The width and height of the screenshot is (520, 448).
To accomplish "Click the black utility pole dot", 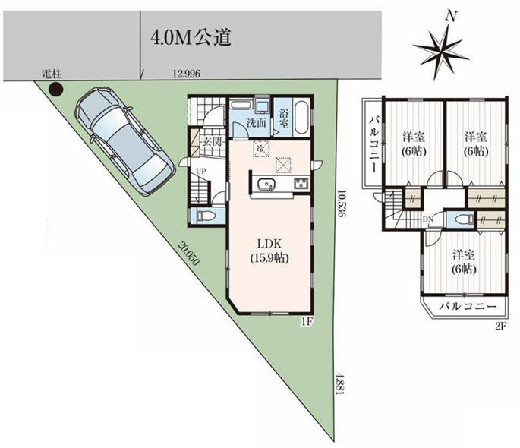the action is (x=55, y=89).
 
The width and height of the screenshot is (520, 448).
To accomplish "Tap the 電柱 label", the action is (x=52, y=74).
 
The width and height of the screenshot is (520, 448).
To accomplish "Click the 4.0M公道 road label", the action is (x=191, y=38).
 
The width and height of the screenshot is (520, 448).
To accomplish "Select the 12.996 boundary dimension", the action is (x=187, y=74).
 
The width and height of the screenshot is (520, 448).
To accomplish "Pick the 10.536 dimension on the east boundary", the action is (x=342, y=203).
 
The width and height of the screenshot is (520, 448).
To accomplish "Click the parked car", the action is (x=125, y=140).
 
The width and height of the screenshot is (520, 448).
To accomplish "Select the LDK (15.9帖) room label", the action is (x=269, y=251).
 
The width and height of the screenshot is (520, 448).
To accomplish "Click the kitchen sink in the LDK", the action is (x=266, y=185).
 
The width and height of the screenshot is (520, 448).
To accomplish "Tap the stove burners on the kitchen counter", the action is (x=301, y=183).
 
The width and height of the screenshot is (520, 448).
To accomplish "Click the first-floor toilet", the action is (x=205, y=216).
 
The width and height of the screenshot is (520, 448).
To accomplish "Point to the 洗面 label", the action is (x=256, y=123).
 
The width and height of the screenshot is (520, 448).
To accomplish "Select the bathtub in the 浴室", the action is (x=301, y=118).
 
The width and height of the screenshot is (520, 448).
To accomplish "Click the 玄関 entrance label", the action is (x=211, y=143).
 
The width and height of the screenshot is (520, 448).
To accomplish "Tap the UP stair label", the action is (x=201, y=171).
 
